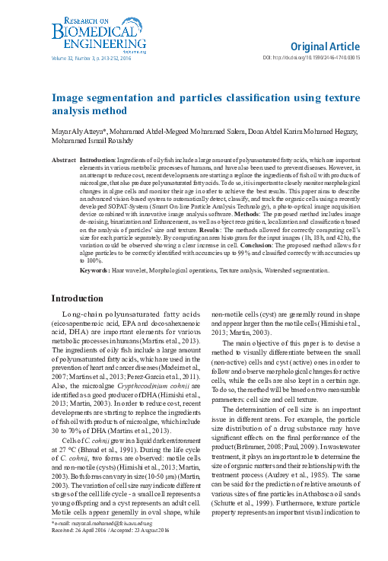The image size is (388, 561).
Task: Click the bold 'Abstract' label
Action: click(63, 162)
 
